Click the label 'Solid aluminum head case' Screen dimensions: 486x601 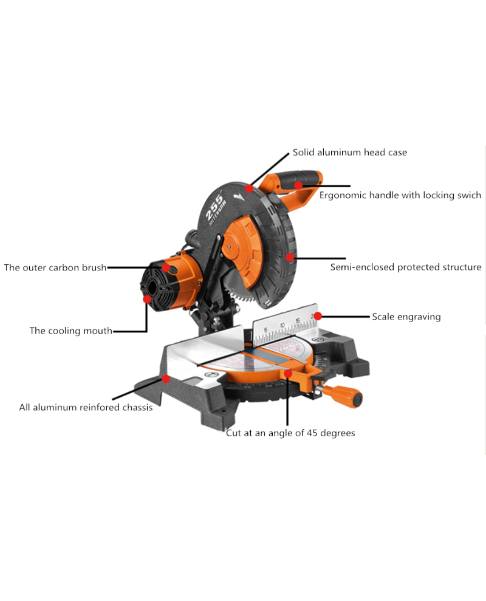(x=349, y=153)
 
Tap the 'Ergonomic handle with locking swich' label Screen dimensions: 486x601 (x=400, y=195)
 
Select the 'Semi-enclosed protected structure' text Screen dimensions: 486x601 (x=406, y=267)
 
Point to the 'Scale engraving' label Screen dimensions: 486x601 (x=406, y=317)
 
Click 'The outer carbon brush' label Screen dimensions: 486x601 (x=55, y=267)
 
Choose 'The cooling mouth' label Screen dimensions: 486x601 (x=71, y=331)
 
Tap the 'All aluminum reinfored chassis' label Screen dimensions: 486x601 (x=86, y=407)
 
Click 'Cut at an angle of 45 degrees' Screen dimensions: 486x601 (x=290, y=433)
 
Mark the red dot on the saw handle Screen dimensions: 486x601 (x=298, y=185)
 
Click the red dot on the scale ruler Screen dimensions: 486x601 (x=317, y=316)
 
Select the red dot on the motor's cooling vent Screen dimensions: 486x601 (x=147, y=299)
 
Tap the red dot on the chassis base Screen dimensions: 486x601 (x=166, y=379)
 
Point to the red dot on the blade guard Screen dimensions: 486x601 (x=290, y=257)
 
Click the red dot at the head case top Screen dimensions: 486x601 (x=250, y=188)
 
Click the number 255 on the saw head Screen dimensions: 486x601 (x=214, y=207)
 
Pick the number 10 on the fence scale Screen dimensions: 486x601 (x=282, y=325)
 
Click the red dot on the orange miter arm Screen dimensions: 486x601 (x=288, y=373)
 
